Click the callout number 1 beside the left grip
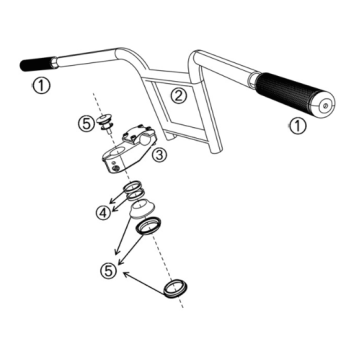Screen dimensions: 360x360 pos(41,86)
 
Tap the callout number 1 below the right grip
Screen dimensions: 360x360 pos(297,126)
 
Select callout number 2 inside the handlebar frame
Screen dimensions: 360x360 pos(179,96)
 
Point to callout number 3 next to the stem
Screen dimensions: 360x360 pos(159,155)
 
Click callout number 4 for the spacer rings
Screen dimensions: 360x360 pos(103,213)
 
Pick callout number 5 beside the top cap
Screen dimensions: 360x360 pos(86,124)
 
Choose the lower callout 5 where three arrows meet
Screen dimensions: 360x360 pos(108,270)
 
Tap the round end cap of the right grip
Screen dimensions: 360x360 pos(323,105)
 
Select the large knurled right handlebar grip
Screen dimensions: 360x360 pos(292,92)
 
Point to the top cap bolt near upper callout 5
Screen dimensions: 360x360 pos(104,123)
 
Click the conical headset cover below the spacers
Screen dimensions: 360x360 pos(142,208)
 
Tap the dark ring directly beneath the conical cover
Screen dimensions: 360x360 pos(148,227)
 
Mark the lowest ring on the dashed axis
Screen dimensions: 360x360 pos(176,288)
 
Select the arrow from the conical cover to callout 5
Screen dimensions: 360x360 pos(123,233)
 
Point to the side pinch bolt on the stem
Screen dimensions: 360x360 pos(115,168)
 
